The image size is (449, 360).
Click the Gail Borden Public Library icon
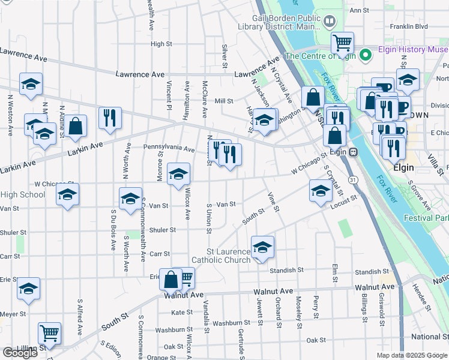click(x=329, y=23)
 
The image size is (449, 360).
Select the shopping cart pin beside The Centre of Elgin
click(x=342, y=43)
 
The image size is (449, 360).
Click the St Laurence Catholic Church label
click(x=220, y=256)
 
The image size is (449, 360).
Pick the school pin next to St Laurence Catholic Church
click(x=262, y=247)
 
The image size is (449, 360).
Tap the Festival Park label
click(x=426, y=218)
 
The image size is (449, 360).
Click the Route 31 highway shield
click(x=354, y=180)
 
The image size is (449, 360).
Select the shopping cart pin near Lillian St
click(x=49, y=334)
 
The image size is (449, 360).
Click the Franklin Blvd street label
click(x=408, y=26)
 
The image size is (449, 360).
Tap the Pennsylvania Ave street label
click(x=168, y=148)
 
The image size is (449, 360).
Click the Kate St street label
click(x=181, y=313)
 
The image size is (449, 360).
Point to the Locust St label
click(x=343, y=202)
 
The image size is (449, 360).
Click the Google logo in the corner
click(x=20, y=353)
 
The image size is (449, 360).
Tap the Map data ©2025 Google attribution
click(x=412, y=355)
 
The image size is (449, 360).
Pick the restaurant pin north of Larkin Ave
click(x=110, y=118)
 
